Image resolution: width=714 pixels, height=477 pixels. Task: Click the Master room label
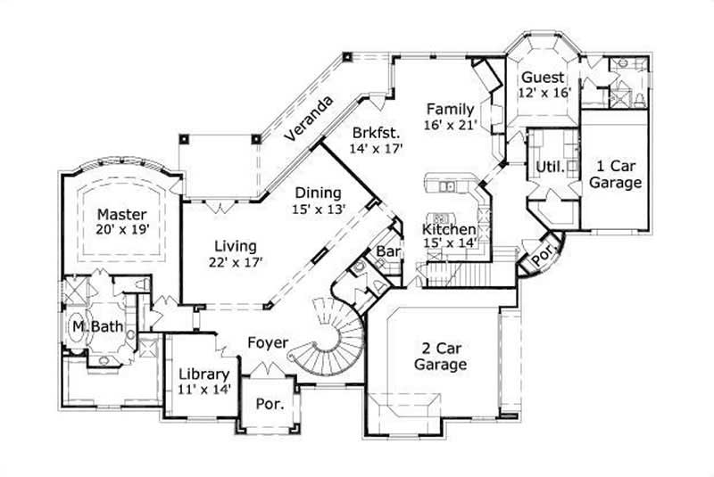tap(122, 214)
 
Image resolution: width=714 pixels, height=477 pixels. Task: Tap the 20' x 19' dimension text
tap(122, 229)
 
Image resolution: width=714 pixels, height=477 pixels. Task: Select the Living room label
tap(236, 246)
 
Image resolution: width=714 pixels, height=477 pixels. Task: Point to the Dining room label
tap(319, 193)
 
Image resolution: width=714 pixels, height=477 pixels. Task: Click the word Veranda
tap(309, 119)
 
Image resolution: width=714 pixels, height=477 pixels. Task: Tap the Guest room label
tap(542, 77)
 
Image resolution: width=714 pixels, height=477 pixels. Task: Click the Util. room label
tap(547, 167)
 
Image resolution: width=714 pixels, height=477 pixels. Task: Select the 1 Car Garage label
tap(617, 174)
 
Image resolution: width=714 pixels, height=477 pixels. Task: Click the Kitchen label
tap(449, 230)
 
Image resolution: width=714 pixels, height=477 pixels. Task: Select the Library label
tap(204, 374)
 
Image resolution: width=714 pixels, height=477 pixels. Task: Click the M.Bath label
tap(97, 327)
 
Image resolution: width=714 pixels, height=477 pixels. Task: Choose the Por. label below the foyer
tap(270, 404)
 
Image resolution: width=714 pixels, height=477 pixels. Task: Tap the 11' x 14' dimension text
tap(204, 389)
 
